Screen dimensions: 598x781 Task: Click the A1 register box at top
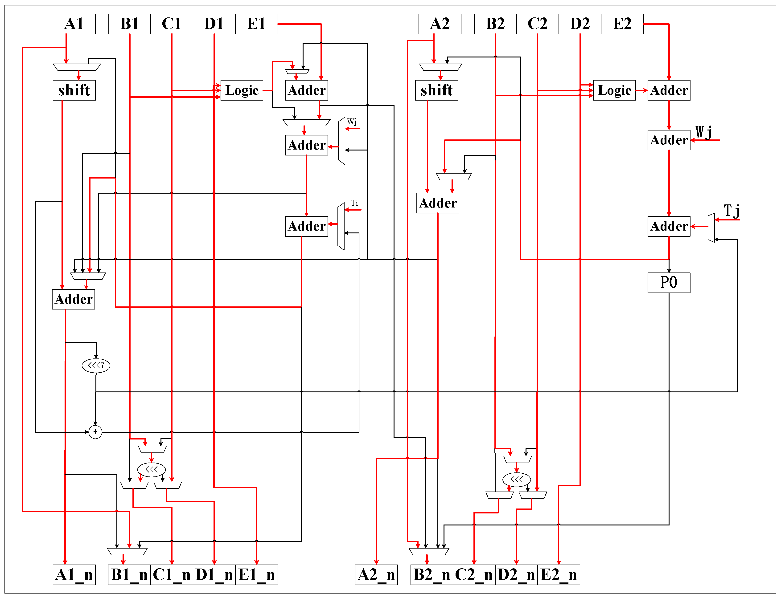pos(74,24)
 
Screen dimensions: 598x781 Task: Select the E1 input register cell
pos(256,24)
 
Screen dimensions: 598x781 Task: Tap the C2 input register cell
pos(537,24)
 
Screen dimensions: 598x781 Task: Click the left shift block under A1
pos(74,90)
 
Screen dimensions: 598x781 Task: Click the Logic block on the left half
pos(242,90)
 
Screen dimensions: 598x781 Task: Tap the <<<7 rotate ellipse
pos(96,365)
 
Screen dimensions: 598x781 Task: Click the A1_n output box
pos(74,574)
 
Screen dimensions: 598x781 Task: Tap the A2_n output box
pos(376,574)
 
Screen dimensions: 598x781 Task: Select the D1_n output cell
pos(214,574)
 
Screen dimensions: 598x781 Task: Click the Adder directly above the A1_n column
pos(73,299)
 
